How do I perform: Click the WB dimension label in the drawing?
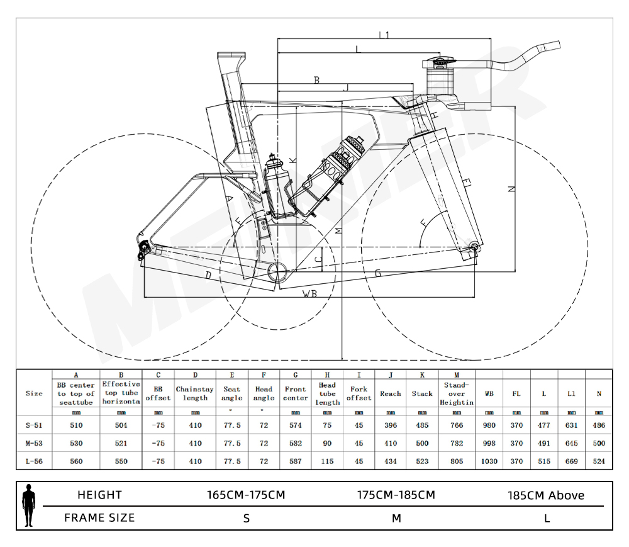point(309,293)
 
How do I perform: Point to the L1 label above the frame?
point(384,35)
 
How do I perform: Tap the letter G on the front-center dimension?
point(378,273)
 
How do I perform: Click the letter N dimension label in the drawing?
point(511,189)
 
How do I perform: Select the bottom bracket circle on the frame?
point(277,271)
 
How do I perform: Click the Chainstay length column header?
point(195,393)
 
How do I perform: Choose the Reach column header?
point(391,393)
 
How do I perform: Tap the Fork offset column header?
point(359,393)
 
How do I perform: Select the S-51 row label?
point(34,425)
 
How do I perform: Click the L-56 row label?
point(34,461)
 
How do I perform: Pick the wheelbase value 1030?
point(489,461)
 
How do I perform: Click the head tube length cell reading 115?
point(327,461)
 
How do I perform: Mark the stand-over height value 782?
point(457,443)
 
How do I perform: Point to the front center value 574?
point(295,425)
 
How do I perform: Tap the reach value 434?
point(391,461)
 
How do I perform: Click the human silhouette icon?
point(28,505)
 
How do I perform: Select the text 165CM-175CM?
point(246,495)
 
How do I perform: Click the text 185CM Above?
point(546,495)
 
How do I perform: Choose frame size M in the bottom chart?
point(396,518)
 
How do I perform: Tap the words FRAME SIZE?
point(99,518)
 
